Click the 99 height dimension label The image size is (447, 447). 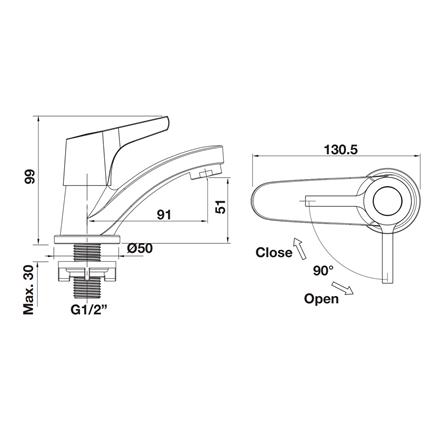(x=29, y=177)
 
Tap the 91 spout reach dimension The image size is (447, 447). (x=164, y=215)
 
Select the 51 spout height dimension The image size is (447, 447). (x=221, y=207)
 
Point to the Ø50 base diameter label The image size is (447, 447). (x=140, y=248)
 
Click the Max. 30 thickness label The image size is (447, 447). (x=29, y=290)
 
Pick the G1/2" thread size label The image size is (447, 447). (x=89, y=310)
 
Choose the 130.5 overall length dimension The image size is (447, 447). (x=341, y=150)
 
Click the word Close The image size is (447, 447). (x=274, y=253)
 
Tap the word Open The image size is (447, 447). (x=321, y=299)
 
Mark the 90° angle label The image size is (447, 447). (x=323, y=270)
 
